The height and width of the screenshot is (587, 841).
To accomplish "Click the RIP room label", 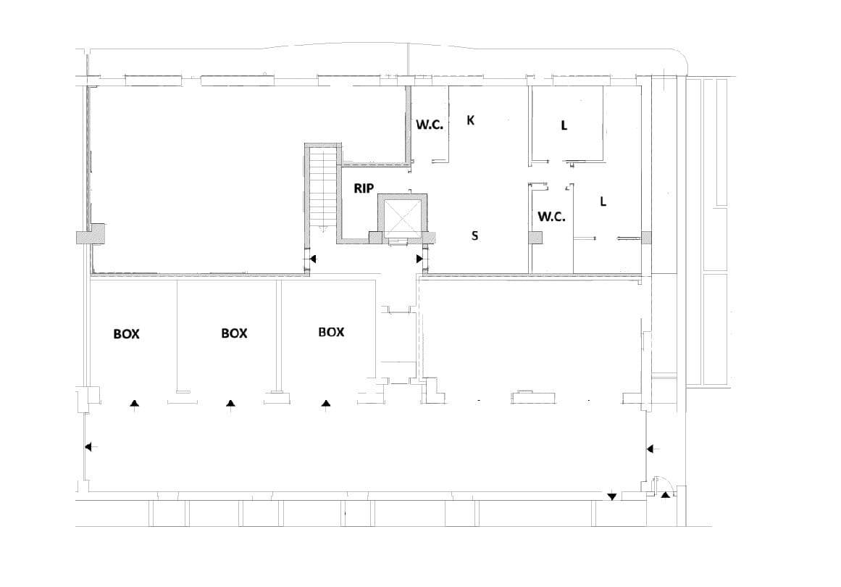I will tap(364, 188).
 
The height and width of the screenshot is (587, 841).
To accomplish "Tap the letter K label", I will tap(470, 120).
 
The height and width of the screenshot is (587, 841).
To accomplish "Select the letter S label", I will tap(474, 236).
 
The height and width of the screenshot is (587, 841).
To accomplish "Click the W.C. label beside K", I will tap(429, 124).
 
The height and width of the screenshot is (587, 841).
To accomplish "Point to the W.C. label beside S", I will tap(551, 216).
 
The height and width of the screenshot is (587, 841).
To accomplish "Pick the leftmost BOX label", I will tap(126, 334).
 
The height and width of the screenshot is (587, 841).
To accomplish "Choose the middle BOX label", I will tap(234, 333).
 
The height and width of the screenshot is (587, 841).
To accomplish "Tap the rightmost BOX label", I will tap(331, 332).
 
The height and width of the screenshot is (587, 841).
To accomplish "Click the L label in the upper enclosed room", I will tap(564, 125).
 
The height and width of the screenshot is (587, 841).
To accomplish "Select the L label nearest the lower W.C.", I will tap(603, 201).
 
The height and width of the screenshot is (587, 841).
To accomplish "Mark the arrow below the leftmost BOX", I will tap(134, 404).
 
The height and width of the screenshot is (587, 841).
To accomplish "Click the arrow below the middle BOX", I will tap(230, 404).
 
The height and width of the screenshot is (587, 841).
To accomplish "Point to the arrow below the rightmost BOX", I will tap(326, 404).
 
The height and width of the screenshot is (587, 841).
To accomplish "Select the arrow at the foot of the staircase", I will tap(313, 258).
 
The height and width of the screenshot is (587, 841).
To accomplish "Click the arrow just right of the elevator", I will tap(420, 259).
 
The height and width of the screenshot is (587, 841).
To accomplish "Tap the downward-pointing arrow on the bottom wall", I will tap(612, 496).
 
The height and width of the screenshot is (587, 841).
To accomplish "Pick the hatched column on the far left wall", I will tap(91, 236).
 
